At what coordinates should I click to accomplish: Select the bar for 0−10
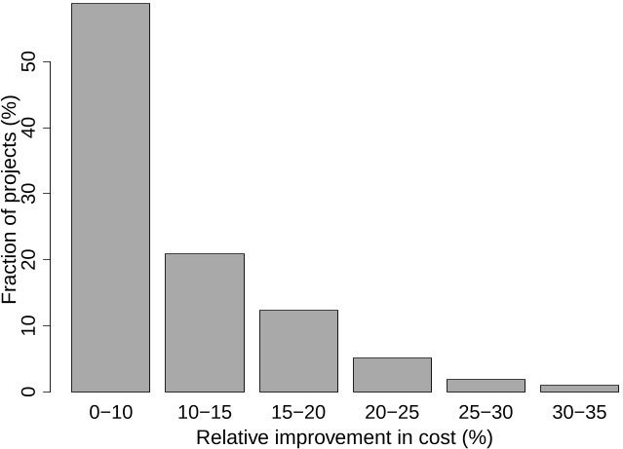110,198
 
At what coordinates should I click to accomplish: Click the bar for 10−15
205,322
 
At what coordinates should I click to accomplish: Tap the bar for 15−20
298,351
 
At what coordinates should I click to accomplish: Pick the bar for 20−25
392,374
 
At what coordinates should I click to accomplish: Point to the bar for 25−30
486,385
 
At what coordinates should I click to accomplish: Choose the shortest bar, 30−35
579,388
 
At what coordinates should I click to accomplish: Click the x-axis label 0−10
110,413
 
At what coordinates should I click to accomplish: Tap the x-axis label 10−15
205,413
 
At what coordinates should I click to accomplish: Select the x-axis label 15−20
298,413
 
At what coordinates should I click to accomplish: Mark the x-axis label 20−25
392,413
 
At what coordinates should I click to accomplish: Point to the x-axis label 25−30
486,413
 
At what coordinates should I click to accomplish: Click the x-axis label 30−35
579,413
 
